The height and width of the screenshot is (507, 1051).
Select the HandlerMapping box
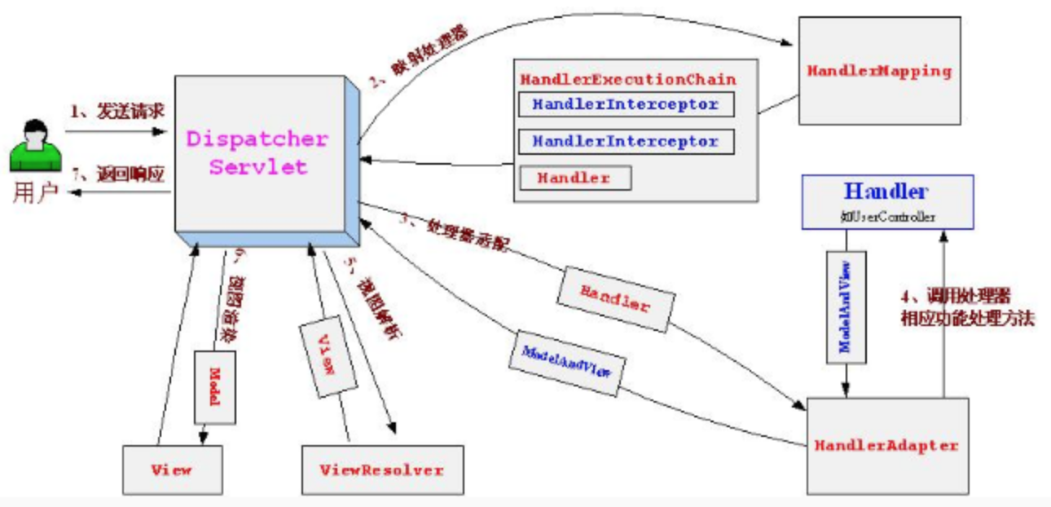(879, 71)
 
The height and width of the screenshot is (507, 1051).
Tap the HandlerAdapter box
(887, 445)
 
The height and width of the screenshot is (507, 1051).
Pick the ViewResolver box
(382, 470)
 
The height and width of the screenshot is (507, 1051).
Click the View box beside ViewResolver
(171, 470)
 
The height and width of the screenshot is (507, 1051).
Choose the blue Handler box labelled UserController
(886, 201)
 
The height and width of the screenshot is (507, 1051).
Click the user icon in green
(35, 147)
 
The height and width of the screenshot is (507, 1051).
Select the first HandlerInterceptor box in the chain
(626, 105)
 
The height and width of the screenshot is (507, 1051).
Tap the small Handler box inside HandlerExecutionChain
(574, 178)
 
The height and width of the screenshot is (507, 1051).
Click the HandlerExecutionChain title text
(628, 80)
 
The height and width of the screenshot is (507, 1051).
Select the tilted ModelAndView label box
(569, 358)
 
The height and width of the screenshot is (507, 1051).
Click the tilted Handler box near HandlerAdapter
(615, 301)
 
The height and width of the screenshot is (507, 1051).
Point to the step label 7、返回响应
(117, 174)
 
